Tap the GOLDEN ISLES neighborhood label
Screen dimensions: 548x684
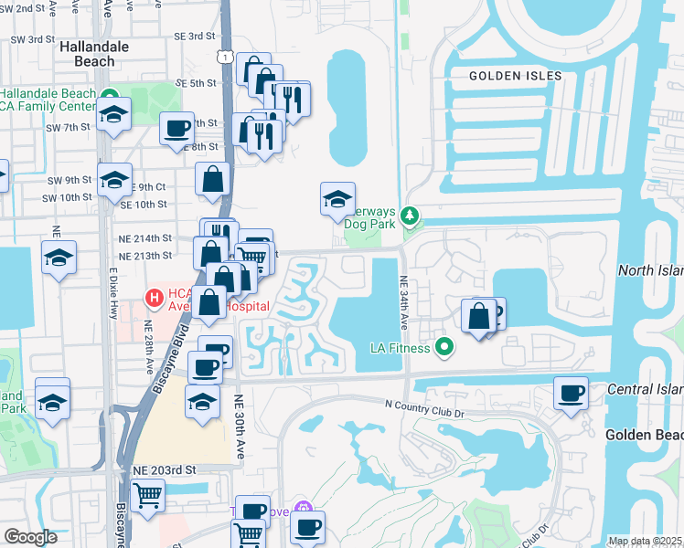click(x=508, y=76)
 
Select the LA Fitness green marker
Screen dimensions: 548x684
click(x=445, y=346)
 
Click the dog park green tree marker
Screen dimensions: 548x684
click(x=411, y=216)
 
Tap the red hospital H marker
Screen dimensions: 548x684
click(x=155, y=298)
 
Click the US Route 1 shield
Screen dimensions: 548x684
click(x=223, y=57)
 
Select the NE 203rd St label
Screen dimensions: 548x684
click(x=165, y=469)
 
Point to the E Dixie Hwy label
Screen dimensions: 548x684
click(x=113, y=292)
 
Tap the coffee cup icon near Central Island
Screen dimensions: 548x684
click(x=572, y=394)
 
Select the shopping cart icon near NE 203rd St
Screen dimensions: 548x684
click(x=147, y=496)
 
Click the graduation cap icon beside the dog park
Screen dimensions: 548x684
click(x=337, y=198)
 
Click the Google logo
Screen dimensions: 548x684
click(x=30, y=538)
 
